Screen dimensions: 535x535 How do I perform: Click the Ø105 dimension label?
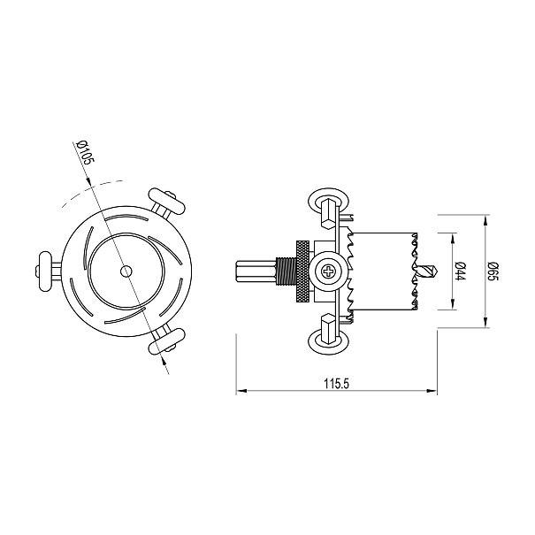tap(85, 153)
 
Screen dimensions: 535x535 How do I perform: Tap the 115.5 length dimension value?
tap(336, 384)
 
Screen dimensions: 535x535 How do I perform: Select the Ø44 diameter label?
tap(460, 271)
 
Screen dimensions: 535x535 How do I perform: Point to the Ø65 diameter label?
tap(493, 271)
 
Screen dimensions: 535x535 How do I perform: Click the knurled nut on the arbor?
tap(302, 271)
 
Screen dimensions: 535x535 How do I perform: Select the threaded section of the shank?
tap(286, 271)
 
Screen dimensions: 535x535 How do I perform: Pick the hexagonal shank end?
tap(256, 271)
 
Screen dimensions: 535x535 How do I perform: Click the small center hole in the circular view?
tap(126, 271)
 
